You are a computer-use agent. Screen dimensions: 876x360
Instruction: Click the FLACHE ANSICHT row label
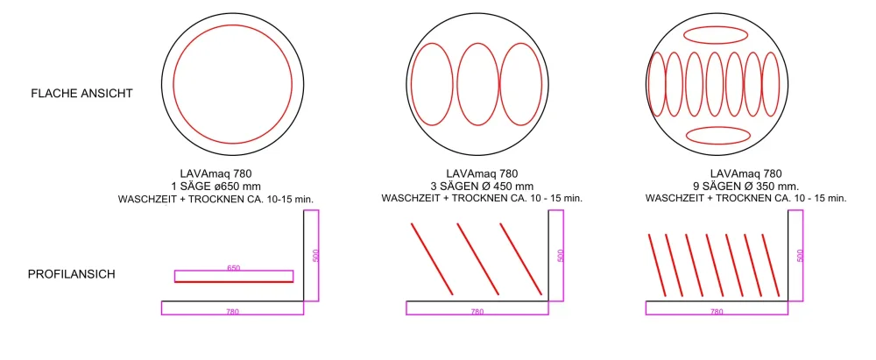coord(81,94)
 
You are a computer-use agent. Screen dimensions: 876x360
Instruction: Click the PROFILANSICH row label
coord(72,274)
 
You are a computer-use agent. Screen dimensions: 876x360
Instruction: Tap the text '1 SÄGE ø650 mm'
coord(216,187)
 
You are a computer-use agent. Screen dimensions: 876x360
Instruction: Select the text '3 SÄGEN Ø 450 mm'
coord(482,187)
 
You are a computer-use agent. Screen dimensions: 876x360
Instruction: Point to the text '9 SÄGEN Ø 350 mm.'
coord(745,187)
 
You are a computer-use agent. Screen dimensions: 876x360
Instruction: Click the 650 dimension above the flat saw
coord(234,268)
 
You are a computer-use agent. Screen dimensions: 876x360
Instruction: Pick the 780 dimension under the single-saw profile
coord(232,312)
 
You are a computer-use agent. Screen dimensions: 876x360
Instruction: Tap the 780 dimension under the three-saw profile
coord(477,312)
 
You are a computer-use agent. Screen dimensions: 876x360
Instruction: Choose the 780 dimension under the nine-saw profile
coord(717,312)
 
